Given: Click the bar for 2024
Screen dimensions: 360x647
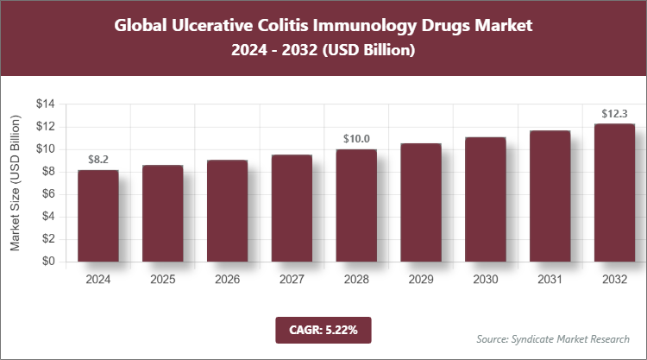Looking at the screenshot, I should (x=98, y=216).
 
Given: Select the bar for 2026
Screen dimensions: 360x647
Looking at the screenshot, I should (x=227, y=211).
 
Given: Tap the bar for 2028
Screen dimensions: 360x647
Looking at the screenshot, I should (x=356, y=205).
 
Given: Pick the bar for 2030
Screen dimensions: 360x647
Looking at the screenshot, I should (x=485, y=199).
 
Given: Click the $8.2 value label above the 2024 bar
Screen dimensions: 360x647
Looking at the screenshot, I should (x=98, y=160).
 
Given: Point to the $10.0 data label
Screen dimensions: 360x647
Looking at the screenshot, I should (x=356, y=138).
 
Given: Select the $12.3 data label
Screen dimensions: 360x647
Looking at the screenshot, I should (x=614, y=113).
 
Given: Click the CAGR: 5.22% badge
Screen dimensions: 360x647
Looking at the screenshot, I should (x=323, y=329).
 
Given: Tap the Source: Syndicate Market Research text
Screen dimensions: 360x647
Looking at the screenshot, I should (x=553, y=338).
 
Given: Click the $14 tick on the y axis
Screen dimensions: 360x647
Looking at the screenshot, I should (x=45, y=104).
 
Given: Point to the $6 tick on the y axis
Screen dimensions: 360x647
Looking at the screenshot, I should (x=48, y=194).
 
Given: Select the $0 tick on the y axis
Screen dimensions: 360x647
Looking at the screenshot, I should (x=48, y=262).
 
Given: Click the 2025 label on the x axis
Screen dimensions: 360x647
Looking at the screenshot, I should (x=163, y=279).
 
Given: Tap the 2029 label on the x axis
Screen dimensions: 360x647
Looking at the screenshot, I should (x=421, y=279).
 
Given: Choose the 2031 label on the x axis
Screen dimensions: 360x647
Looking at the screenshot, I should (x=550, y=279).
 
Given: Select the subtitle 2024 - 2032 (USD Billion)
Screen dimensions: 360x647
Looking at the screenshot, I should (x=323, y=51).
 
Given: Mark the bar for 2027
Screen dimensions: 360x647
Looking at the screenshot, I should (x=292, y=208).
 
